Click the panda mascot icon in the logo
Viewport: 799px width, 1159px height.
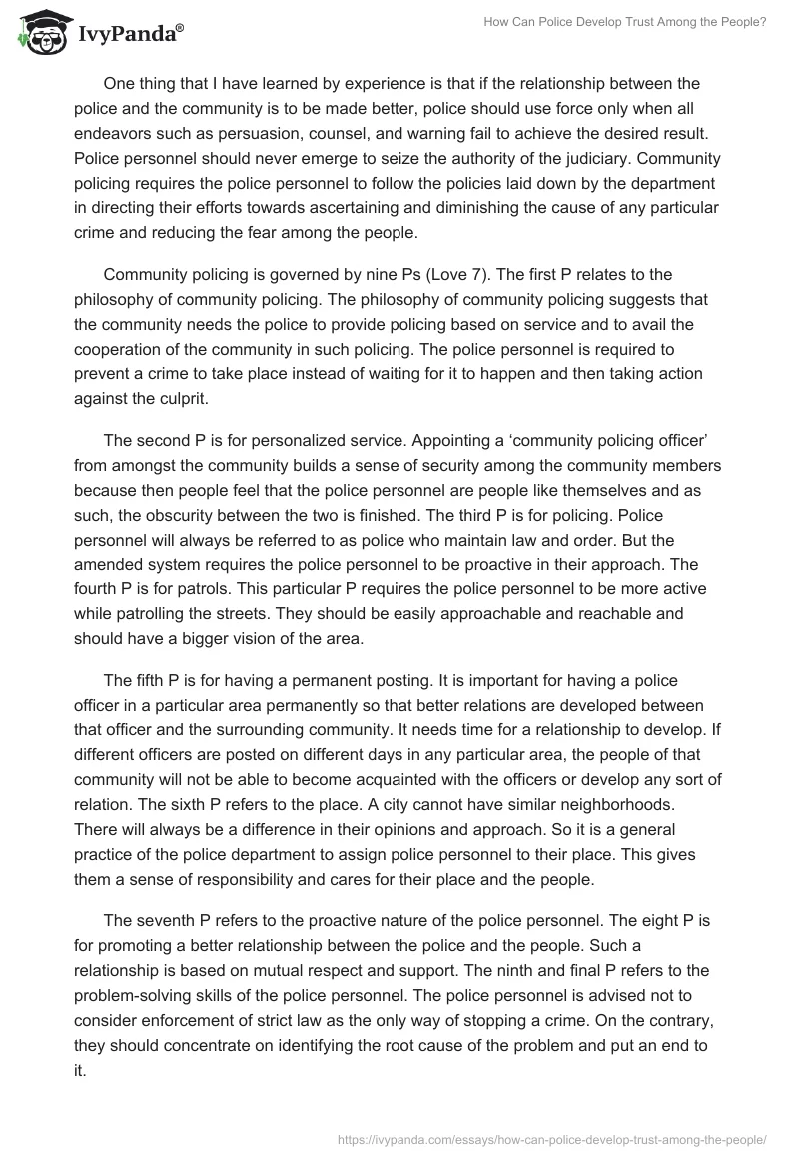pos(41,32)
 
